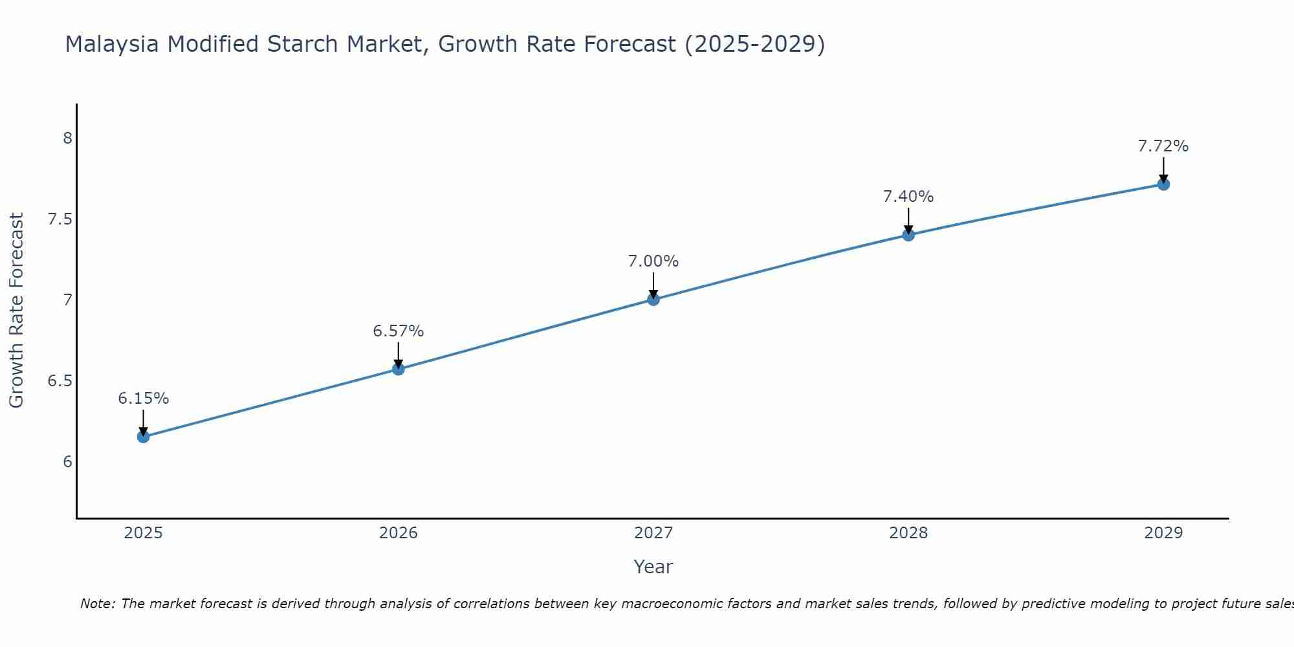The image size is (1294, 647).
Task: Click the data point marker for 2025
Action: [x=144, y=437]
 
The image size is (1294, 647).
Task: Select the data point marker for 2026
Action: [x=399, y=369]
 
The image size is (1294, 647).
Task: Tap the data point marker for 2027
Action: [x=653, y=299]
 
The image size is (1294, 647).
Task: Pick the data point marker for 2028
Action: [x=908, y=235]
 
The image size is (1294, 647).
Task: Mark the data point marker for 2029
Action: [x=1163, y=184]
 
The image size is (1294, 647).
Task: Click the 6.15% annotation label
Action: [x=144, y=399]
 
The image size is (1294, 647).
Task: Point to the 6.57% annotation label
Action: [x=399, y=331]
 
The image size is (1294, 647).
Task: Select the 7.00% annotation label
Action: [x=653, y=261]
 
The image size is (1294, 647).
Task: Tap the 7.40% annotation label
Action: [x=908, y=197]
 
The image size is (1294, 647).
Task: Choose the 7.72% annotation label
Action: [x=1163, y=146]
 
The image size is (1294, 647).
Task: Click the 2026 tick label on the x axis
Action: [x=399, y=533]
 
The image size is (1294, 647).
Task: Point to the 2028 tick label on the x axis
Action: [x=908, y=533]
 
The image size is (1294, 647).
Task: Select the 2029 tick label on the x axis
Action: [x=1163, y=533]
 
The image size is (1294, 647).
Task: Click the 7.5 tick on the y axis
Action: [x=60, y=219]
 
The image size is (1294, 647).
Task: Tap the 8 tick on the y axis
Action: [x=67, y=138]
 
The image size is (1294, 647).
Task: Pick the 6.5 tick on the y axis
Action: [x=60, y=381]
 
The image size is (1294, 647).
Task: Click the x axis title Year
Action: [x=653, y=567]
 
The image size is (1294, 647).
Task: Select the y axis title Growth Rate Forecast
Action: [x=17, y=311]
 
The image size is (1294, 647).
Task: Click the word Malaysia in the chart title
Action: [x=112, y=44]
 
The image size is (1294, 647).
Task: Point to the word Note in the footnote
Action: [x=97, y=604]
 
